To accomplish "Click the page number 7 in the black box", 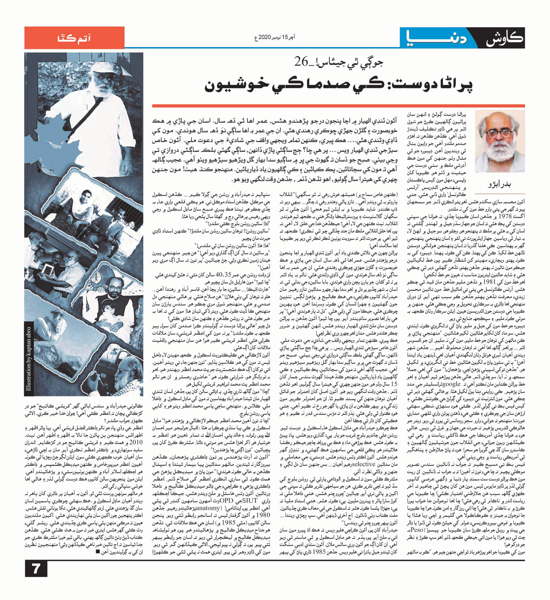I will coord(36,569).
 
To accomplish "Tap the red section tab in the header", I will coord(74,38).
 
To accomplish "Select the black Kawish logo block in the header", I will coord(504,37).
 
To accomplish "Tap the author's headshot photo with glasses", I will coord(499,142).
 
